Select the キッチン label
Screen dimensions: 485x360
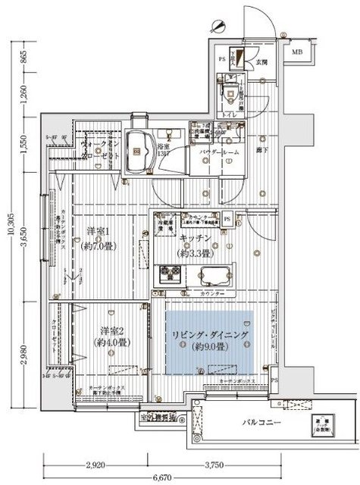click(x=196, y=239)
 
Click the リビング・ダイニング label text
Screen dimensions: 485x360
click(x=208, y=334)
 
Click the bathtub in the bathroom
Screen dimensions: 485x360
click(x=139, y=149)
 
